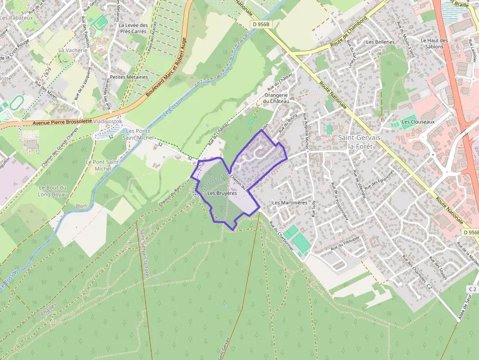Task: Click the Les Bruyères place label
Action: coord(222,193)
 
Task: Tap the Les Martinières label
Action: coord(289,202)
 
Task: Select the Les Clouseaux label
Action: coord(418,122)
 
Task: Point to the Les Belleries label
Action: coord(380,42)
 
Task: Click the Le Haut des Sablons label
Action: coord(435,43)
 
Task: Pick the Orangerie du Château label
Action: coord(276,98)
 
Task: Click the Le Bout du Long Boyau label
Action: coord(52,191)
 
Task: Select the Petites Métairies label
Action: coord(129,77)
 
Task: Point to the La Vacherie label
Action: coord(73,50)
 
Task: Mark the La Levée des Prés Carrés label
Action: coord(133,28)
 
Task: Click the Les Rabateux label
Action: coord(17,18)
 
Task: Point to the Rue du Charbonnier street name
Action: coord(281,236)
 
